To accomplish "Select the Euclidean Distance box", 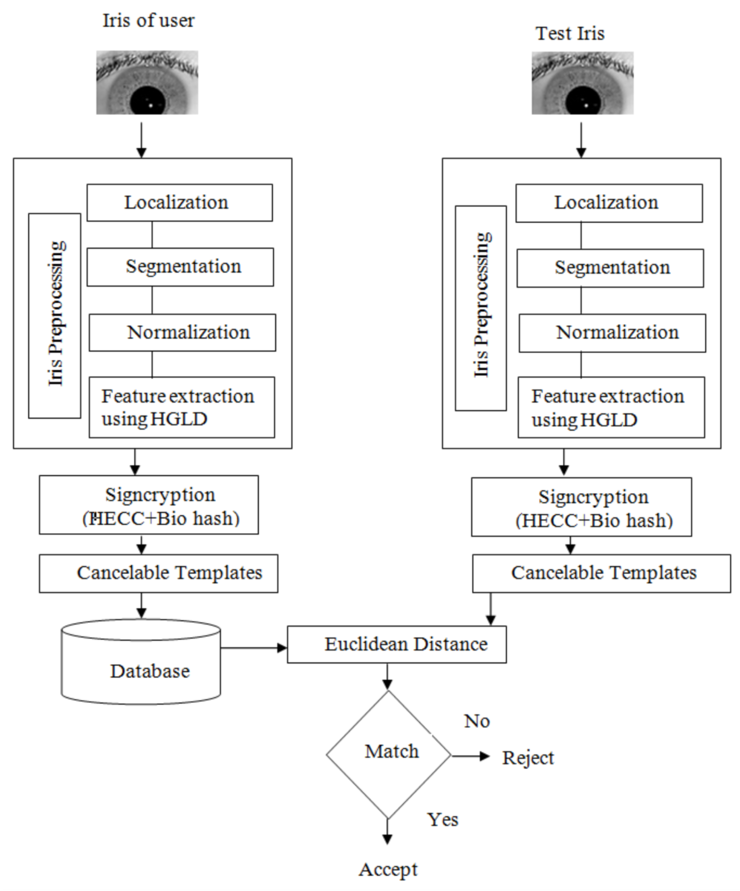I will point(397,644).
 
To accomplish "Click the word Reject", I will point(528,758).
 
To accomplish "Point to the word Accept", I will point(388,870).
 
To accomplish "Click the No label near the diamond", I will point(477,721).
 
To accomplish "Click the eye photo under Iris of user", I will point(147,82).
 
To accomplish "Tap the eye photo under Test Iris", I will point(582,83).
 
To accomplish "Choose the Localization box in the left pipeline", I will point(180,202).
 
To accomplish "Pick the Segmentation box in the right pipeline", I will point(610,268).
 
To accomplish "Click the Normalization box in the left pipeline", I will point(182,332).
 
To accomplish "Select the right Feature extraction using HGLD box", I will point(611,407).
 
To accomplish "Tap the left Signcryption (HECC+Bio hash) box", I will point(149,504).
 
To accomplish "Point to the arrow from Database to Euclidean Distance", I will point(253,648).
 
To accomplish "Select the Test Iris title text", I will point(570,33).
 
